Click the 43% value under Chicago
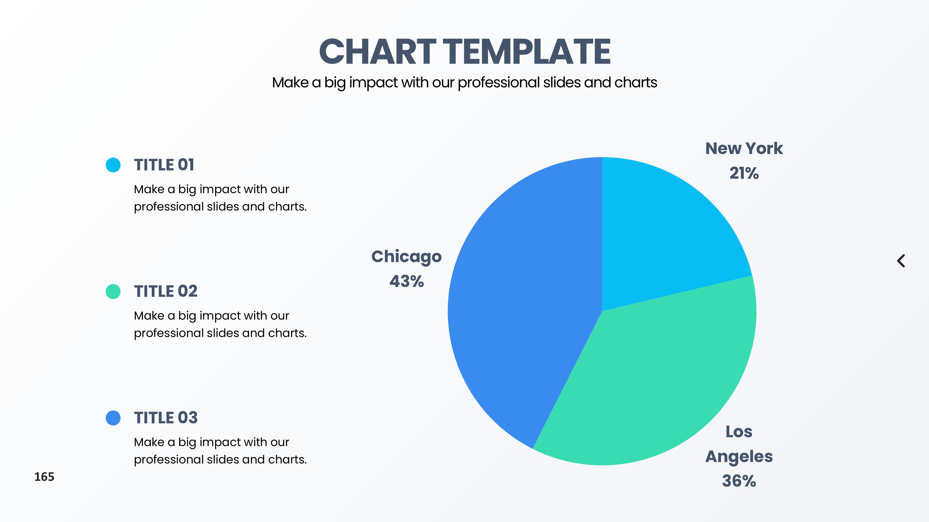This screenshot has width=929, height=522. (407, 281)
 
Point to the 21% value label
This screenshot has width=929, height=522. (744, 173)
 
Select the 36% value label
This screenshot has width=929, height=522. (739, 481)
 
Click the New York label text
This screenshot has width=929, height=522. (744, 148)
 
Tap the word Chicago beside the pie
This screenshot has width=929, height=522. (407, 257)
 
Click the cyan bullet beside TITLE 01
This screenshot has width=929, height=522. (113, 165)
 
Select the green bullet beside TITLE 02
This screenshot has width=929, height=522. (113, 291)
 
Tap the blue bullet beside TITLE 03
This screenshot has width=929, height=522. (113, 418)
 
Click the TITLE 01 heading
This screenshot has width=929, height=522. (164, 165)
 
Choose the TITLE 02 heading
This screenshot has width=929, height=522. (166, 291)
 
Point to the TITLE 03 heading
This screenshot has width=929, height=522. (166, 418)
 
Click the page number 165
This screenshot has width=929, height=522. (44, 477)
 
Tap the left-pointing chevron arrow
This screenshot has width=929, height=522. (901, 261)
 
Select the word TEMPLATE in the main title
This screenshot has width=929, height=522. (527, 52)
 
